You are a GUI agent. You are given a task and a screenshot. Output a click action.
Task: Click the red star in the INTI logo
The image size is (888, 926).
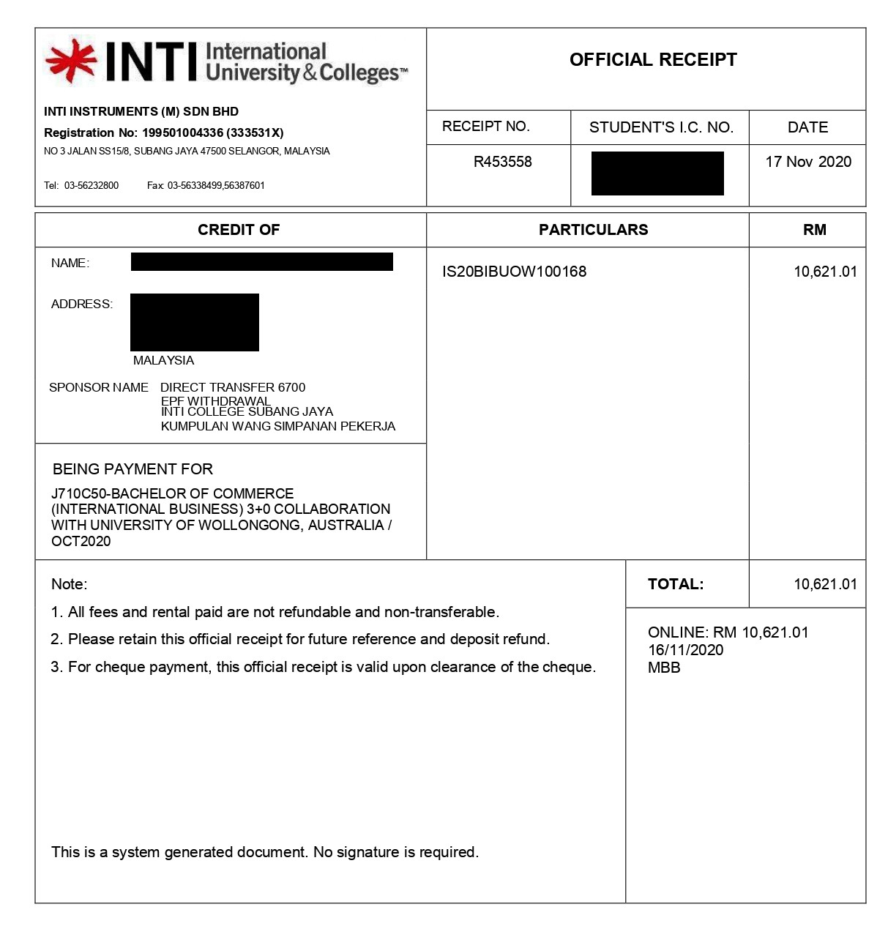[x=70, y=61]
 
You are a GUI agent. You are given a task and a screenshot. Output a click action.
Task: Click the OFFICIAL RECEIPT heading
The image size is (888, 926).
[x=653, y=60]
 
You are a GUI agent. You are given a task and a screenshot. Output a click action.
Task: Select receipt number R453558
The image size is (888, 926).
[x=502, y=162]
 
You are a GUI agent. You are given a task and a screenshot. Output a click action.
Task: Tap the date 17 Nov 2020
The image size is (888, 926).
[x=808, y=162]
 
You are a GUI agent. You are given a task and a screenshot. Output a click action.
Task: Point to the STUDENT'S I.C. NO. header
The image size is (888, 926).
[x=661, y=127]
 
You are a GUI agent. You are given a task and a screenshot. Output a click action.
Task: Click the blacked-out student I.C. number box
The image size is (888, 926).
[x=657, y=173]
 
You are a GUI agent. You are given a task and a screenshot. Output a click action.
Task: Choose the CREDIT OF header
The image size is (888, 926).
[x=239, y=230]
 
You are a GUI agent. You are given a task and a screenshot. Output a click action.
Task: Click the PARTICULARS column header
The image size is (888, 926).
[x=593, y=230]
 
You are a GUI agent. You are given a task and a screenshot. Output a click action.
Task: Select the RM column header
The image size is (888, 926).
[x=814, y=230]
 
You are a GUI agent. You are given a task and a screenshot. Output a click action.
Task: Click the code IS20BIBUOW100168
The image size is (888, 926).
[x=514, y=272]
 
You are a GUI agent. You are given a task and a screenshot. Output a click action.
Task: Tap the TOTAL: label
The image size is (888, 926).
[x=675, y=584]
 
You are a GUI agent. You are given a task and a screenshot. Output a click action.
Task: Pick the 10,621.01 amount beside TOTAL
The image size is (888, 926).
[x=825, y=584]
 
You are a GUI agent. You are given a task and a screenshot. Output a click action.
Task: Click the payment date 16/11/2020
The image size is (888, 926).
[x=685, y=650]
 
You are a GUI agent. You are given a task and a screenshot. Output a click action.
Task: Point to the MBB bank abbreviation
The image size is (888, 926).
[x=664, y=668]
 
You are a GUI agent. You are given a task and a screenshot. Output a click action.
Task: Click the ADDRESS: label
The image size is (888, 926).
[x=82, y=304]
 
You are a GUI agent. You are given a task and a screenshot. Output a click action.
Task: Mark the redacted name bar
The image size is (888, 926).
[x=261, y=261]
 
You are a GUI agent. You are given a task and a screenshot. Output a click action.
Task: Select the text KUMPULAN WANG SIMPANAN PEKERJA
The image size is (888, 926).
[x=278, y=426]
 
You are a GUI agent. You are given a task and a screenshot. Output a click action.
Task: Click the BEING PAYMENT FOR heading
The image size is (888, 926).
[x=133, y=469]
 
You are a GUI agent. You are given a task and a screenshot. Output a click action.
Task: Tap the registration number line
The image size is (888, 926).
[x=163, y=132]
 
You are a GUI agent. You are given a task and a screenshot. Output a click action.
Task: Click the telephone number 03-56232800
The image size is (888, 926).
[x=91, y=185]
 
